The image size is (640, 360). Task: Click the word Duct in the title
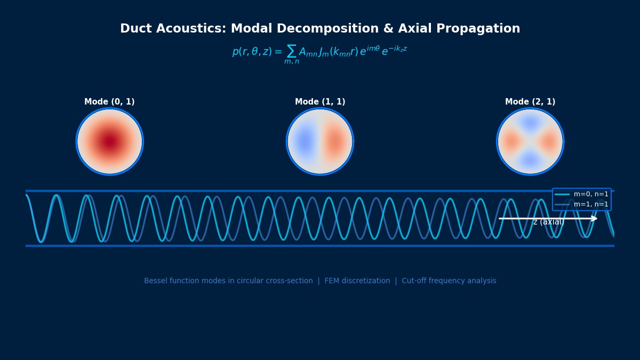coord(135,29)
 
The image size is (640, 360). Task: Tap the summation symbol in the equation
coord(291,51)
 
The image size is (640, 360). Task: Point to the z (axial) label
coord(548,222)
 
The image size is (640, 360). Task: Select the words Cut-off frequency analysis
coord(449,281)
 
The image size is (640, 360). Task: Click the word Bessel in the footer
coord(155,281)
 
